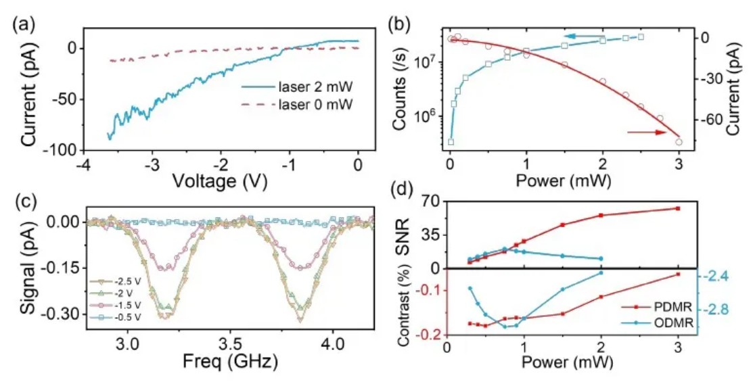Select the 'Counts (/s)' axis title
(404, 87)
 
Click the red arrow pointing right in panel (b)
(646, 133)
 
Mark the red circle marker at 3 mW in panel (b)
(679, 142)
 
